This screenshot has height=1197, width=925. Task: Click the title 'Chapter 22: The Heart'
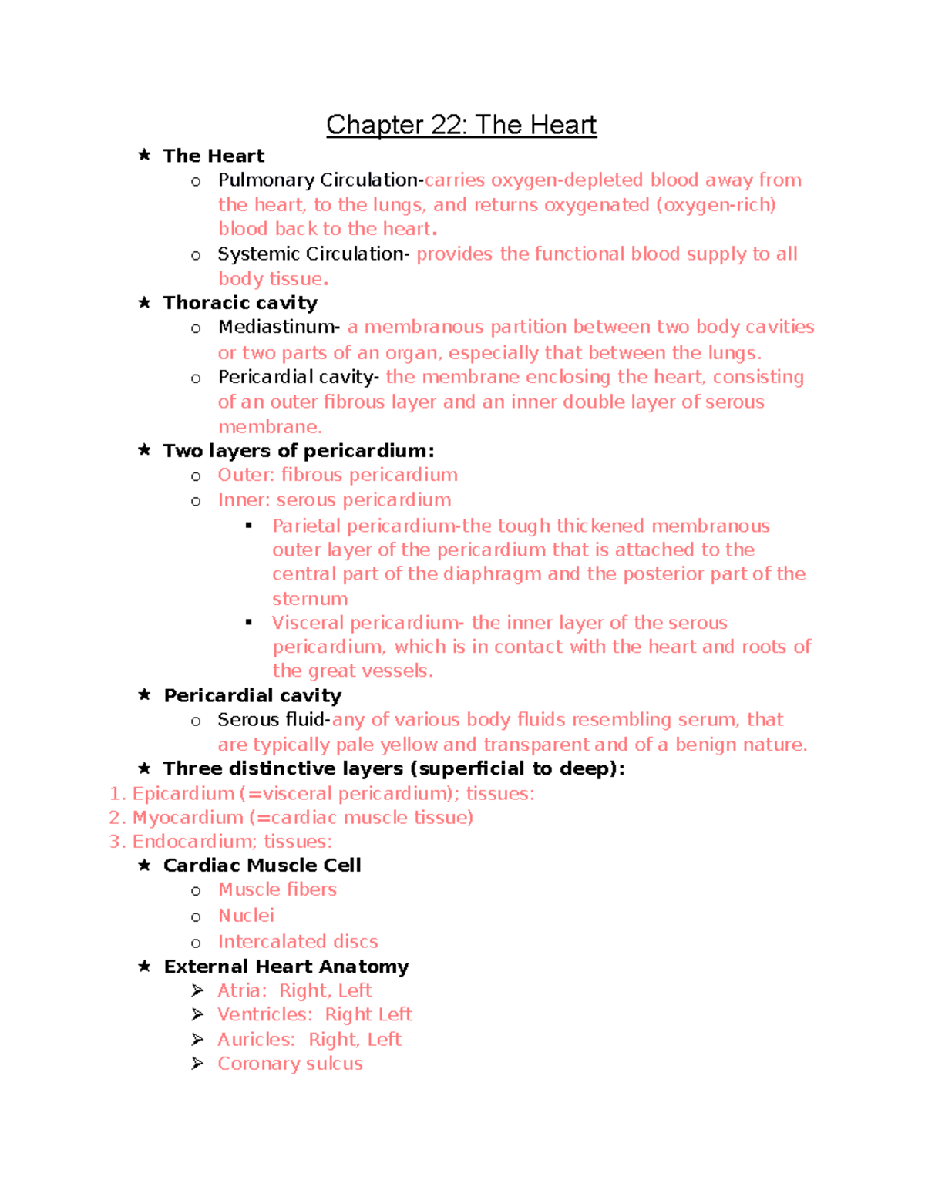461,125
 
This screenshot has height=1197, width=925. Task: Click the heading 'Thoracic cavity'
240,303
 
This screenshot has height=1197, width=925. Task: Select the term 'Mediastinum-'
278,328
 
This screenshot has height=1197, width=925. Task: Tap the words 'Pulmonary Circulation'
318,180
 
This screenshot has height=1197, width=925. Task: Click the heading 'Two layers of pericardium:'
298,451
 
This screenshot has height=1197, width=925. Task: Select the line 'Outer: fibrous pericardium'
338,475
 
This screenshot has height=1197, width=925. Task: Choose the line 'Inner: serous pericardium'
334,500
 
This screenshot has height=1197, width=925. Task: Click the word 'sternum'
310,599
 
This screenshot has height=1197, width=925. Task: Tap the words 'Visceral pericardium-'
367,623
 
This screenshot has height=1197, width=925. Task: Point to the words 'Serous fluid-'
274,720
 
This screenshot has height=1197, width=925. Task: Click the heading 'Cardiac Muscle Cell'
262,866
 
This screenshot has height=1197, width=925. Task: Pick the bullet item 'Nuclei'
246,916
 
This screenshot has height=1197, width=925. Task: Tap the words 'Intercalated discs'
298,942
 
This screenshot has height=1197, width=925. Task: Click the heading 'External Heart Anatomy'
286,967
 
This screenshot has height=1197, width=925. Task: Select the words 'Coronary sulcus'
290,1064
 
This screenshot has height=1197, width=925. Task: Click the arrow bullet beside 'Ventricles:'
197,1014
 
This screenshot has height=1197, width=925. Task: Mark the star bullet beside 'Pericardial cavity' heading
144,694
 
